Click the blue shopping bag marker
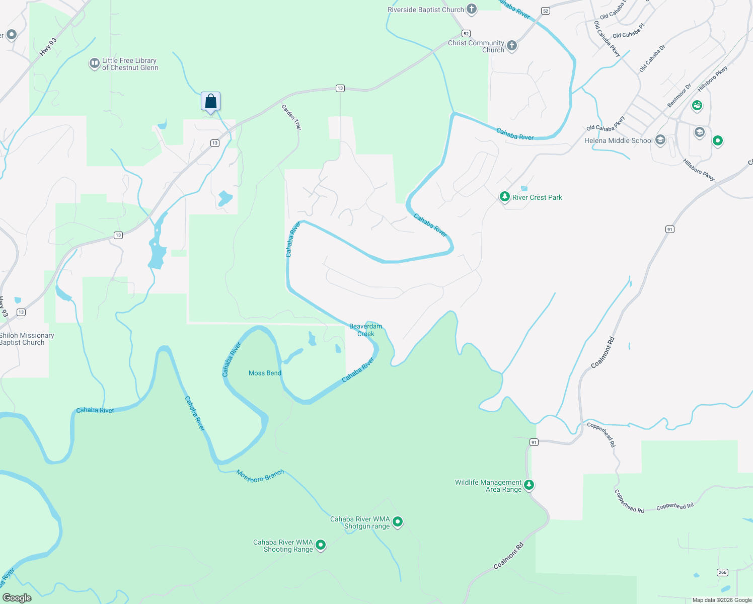[210, 101]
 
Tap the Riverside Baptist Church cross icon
[472, 9]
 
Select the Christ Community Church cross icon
[512, 46]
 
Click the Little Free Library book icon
[94, 64]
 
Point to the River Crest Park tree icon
[505, 197]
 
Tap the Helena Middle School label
[618, 141]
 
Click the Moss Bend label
[265, 373]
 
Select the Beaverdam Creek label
[365, 330]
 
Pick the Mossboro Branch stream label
[260, 476]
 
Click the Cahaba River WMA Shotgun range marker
[398, 522]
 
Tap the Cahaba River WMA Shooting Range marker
[321, 545]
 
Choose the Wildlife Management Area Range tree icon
[529, 485]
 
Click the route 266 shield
[722, 572]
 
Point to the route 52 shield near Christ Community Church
[466, 34]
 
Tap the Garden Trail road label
[291, 117]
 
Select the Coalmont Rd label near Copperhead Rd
[603, 352]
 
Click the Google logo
[17, 598]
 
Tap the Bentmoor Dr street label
[679, 96]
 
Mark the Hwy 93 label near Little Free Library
[48, 47]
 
